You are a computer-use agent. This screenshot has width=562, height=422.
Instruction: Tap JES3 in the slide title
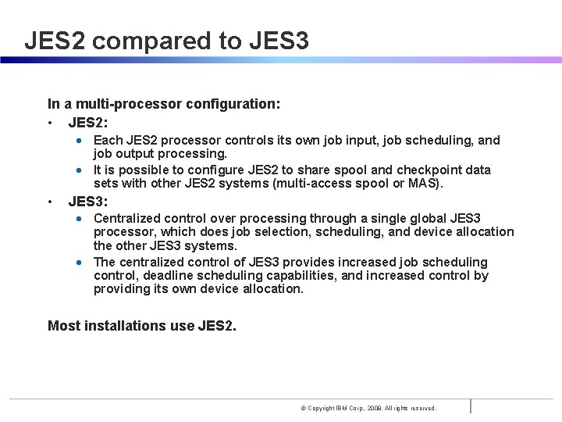click(279, 41)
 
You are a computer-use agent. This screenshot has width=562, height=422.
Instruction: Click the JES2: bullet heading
click(88, 123)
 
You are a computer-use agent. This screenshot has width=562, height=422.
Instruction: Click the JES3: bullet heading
click(88, 201)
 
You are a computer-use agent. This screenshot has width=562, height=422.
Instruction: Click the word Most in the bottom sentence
click(64, 326)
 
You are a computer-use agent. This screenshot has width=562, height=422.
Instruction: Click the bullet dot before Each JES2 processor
click(80, 141)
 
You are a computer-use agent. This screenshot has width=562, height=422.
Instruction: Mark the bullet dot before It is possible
click(80, 170)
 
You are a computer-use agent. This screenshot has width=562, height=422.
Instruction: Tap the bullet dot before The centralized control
click(80, 263)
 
